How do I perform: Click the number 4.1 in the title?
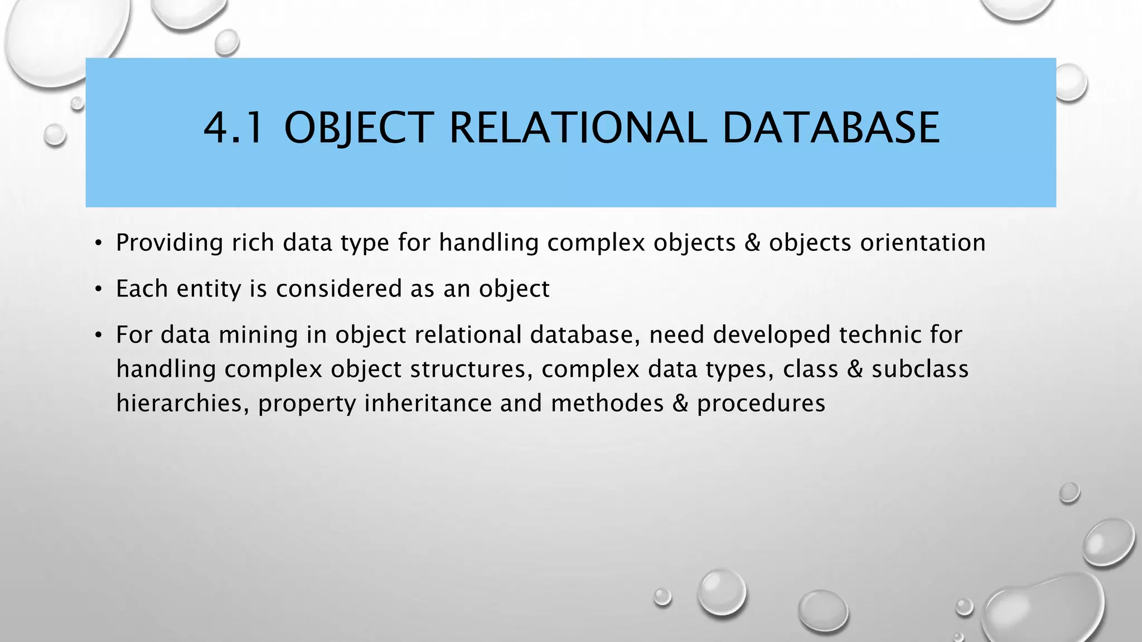coord(233,128)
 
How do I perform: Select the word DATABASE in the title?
coord(830,128)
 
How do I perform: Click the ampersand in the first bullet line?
coord(752,243)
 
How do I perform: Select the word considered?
coord(338,289)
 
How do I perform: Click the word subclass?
coord(920,369)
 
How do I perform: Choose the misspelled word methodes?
coord(607,403)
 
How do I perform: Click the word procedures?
coord(761,403)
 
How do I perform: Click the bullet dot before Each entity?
coord(98,289)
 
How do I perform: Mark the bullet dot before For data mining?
coord(98,335)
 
